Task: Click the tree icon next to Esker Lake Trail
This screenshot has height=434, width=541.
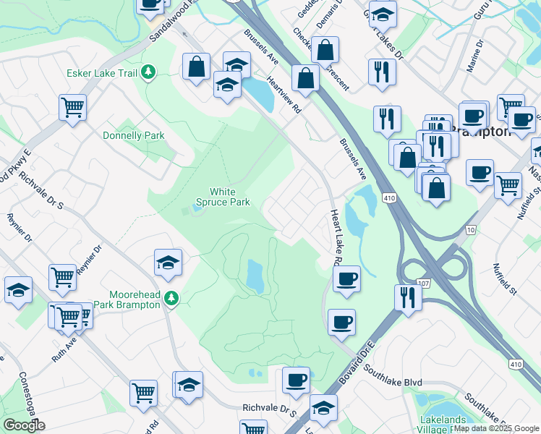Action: point(148,72)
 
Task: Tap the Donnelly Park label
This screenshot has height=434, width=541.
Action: point(134,135)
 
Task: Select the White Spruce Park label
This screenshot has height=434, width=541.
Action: point(229,197)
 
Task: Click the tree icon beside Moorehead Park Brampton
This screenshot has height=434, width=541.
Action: point(171,297)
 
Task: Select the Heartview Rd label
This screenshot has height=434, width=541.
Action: point(284,95)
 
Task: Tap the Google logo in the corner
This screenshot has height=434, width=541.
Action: point(24,425)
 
